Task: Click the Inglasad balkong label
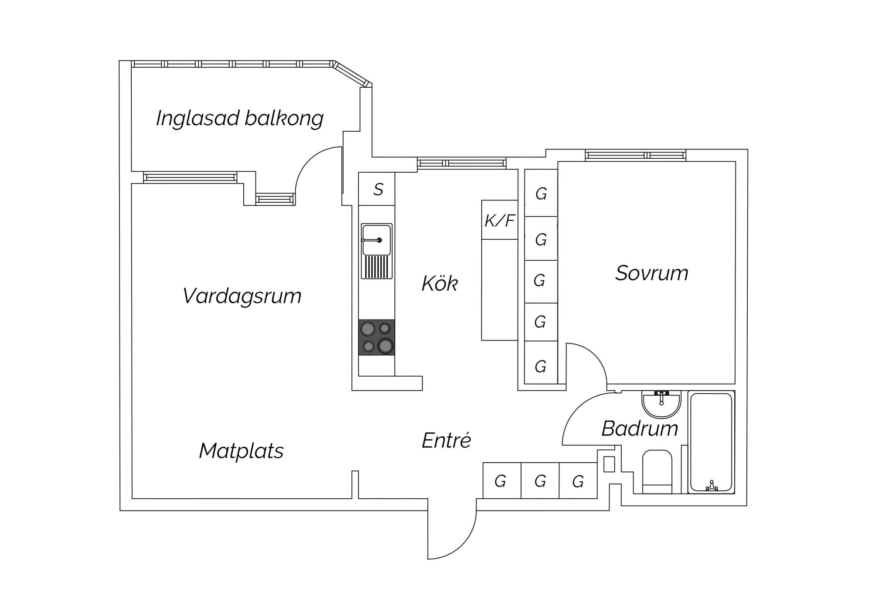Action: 240,119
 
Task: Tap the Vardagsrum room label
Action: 242,296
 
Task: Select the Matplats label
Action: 241,451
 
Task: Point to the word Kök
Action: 439,284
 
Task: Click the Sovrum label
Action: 651,273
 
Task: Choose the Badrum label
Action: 640,429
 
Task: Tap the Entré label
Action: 446,440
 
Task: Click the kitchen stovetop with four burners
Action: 377,337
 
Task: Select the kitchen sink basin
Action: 377,240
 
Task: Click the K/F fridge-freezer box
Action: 500,220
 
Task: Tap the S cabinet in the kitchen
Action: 377,189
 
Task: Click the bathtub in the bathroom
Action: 711,442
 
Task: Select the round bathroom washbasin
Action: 661,403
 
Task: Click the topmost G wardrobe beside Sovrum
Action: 541,193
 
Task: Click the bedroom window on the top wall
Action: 635,155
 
